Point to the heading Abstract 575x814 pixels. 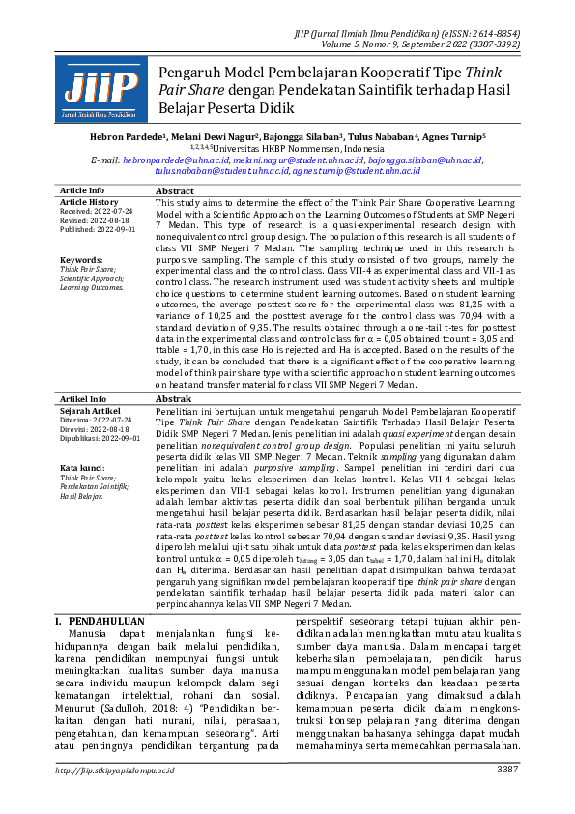pos(175,191)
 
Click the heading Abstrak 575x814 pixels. pos(174,398)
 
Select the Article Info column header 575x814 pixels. pos(82,190)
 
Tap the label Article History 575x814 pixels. pos(89,201)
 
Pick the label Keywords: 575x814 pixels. pos(80,260)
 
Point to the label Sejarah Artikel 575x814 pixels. pos(88,410)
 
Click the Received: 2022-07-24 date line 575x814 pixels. pos(96,210)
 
